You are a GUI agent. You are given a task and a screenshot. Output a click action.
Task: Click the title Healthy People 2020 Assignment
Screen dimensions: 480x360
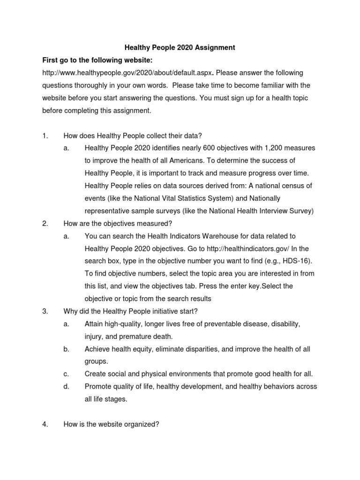(x=180, y=48)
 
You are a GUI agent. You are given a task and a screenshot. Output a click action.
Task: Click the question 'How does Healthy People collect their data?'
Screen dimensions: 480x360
(x=133, y=136)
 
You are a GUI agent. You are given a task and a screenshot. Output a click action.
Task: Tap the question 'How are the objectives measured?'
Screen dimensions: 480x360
(x=121, y=224)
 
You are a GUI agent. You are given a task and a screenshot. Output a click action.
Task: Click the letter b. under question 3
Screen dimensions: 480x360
(x=66, y=349)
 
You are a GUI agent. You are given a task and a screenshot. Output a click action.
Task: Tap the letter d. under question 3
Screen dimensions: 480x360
(x=66, y=387)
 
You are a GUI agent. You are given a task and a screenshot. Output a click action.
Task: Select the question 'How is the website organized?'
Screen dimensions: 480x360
(x=112, y=425)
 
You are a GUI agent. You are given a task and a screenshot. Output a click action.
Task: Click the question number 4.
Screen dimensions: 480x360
(x=45, y=425)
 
